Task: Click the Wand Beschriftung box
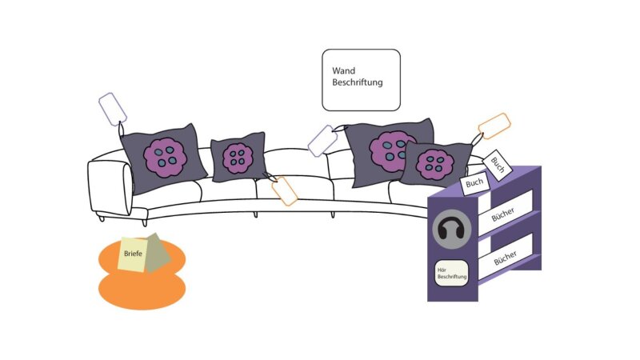point(361,80)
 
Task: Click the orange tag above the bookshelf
point(494,126)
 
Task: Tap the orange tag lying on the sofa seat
point(285,191)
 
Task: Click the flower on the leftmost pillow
point(164,157)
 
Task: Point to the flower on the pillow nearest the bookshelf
point(435,165)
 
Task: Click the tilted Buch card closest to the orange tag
point(497,164)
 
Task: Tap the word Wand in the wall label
point(344,70)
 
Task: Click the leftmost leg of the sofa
point(102,218)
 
